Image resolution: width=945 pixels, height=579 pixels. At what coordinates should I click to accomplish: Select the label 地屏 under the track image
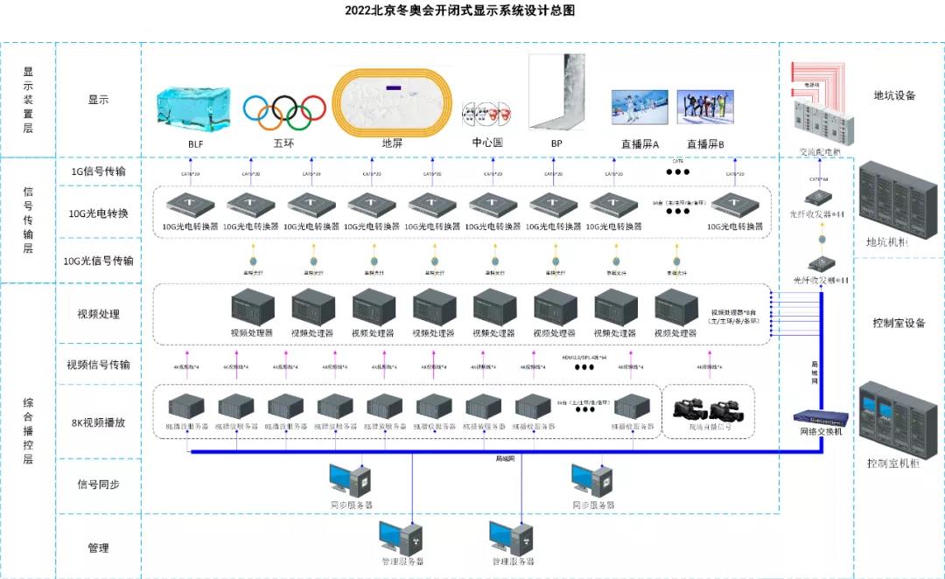coord(392,143)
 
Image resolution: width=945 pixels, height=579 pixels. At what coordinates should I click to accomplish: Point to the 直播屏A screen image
coord(640,110)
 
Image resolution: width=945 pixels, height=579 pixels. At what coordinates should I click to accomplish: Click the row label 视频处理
coord(99,314)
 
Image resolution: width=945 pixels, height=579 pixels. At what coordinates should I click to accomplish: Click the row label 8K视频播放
coord(98,422)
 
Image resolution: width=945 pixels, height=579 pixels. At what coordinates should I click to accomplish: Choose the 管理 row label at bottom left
coord(98,548)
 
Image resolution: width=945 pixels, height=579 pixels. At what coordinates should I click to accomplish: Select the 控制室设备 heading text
coord(893,323)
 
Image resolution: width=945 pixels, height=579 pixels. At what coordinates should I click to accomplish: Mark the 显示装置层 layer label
coord(28,100)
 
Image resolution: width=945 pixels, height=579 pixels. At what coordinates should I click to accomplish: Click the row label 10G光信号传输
coord(99,261)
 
